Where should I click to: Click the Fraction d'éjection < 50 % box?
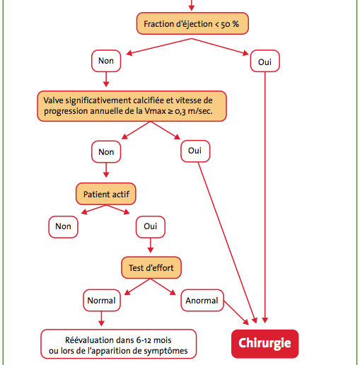click(x=192, y=23)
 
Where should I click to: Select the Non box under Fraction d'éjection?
click(x=106, y=61)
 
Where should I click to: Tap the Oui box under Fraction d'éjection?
click(x=265, y=61)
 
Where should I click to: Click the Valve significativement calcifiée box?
click(x=132, y=106)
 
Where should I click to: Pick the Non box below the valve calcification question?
click(x=106, y=151)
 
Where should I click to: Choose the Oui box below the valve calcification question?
click(x=195, y=151)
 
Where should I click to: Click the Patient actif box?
click(x=106, y=194)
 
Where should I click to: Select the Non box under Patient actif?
click(x=63, y=227)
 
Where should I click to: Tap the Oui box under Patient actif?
click(x=151, y=227)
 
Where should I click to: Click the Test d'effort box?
click(x=151, y=267)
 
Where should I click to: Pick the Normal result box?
click(x=102, y=301)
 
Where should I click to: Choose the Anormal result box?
click(x=202, y=301)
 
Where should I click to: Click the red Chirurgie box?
click(x=265, y=344)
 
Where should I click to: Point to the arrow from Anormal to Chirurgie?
click(x=236, y=313)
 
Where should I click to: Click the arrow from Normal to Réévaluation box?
click(x=101, y=318)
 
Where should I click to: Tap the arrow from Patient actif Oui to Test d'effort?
click(x=151, y=245)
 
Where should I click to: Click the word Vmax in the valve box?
click(x=155, y=111)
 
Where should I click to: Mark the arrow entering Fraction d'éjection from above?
click(x=192, y=5)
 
